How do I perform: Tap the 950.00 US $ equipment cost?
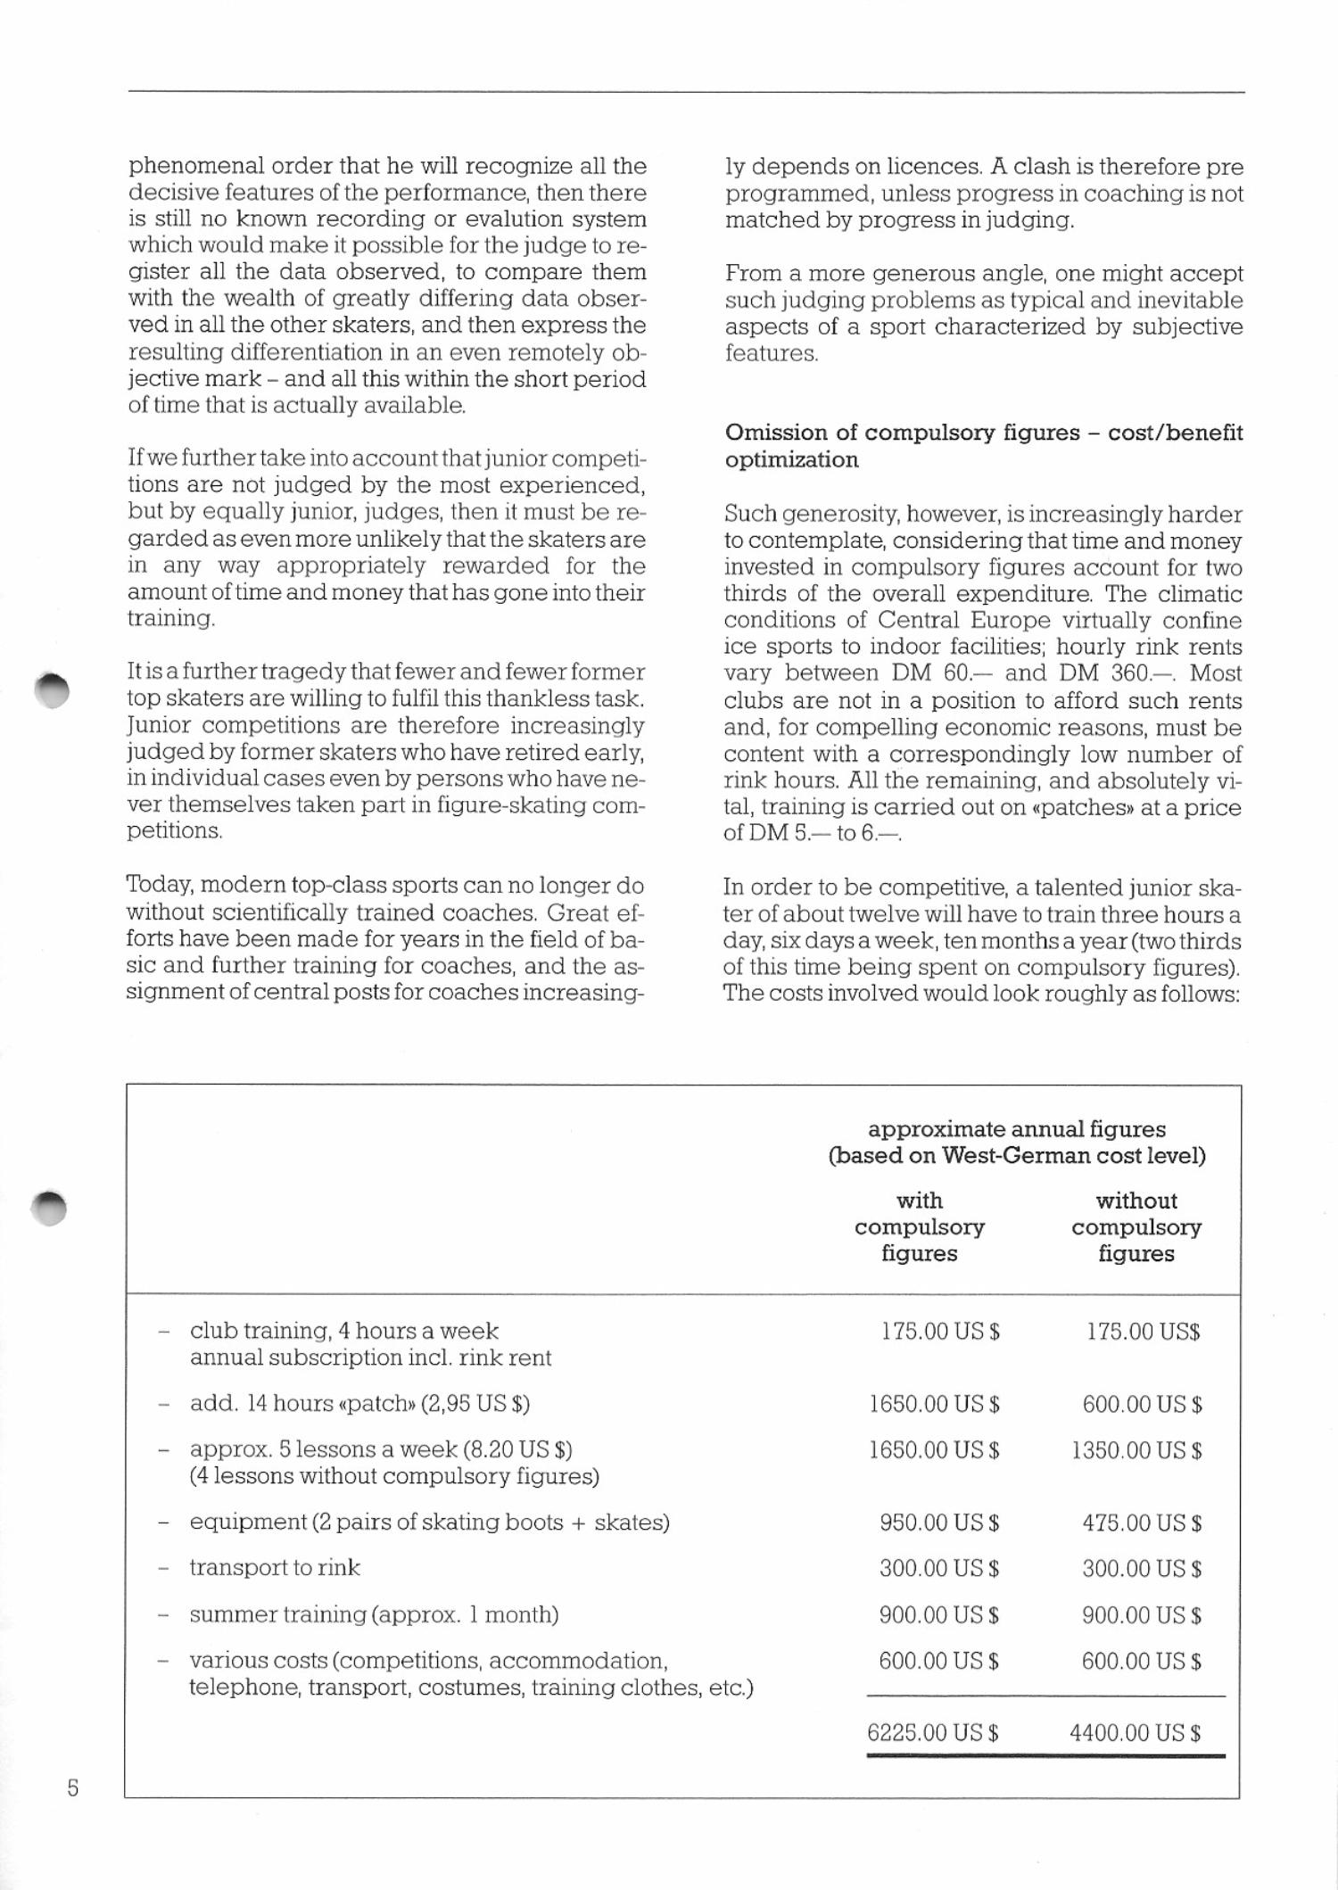[938, 1522]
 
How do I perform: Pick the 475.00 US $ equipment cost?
[1142, 1522]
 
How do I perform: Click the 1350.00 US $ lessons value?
[1136, 1450]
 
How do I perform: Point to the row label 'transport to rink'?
[275, 1567]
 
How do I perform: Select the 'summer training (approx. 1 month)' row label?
[374, 1614]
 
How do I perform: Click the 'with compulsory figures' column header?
[920, 1226]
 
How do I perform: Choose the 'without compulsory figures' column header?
[1136, 1226]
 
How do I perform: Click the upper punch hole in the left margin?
[51, 689]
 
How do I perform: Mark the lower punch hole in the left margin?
[50, 1206]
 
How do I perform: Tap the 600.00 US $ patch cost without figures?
[1142, 1404]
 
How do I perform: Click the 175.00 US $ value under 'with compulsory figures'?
[940, 1332]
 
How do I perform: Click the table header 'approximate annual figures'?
[1017, 1129]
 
